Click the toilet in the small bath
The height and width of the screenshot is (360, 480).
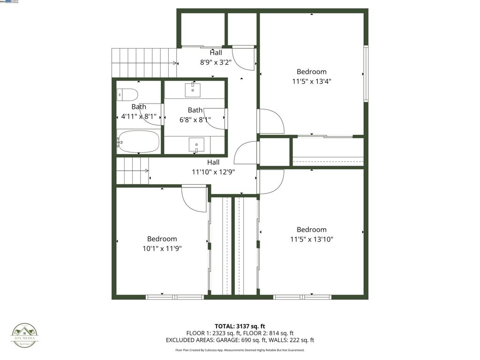(x=127, y=95)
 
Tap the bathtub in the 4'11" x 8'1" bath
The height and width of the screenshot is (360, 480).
(x=139, y=141)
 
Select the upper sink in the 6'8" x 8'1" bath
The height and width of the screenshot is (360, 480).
(x=193, y=89)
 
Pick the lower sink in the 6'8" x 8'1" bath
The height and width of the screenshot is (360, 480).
(x=196, y=144)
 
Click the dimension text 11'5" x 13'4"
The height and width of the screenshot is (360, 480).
(x=311, y=81)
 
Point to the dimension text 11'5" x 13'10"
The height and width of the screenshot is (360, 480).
(x=311, y=239)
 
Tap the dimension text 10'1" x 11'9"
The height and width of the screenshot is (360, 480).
(x=162, y=248)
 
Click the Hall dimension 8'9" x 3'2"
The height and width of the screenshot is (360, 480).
(x=216, y=61)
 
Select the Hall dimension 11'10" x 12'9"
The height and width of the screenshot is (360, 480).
(x=213, y=172)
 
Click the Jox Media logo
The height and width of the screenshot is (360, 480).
(x=25, y=336)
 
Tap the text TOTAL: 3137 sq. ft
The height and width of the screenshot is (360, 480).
(x=240, y=326)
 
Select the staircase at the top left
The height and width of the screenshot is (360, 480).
(x=143, y=63)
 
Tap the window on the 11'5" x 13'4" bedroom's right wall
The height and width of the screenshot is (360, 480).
(x=366, y=73)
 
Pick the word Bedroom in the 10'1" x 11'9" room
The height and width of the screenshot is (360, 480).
(x=162, y=239)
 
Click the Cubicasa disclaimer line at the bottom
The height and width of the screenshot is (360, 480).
(x=240, y=350)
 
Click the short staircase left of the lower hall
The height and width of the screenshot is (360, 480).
(x=132, y=171)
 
